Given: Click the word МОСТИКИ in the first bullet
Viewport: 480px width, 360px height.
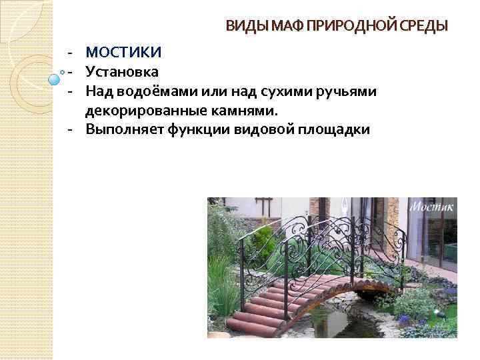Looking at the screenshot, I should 124,52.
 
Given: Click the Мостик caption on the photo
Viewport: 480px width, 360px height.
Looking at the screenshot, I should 432,207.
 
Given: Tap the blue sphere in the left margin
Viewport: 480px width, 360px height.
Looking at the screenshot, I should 55,79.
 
